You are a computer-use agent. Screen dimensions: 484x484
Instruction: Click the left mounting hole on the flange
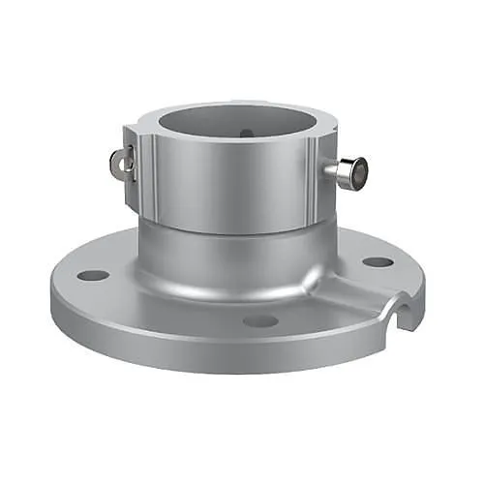[x=93, y=275]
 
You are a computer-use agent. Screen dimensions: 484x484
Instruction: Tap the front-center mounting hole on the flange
[x=260, y=320]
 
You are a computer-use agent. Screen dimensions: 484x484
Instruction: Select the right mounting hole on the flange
[x=378, y=261]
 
